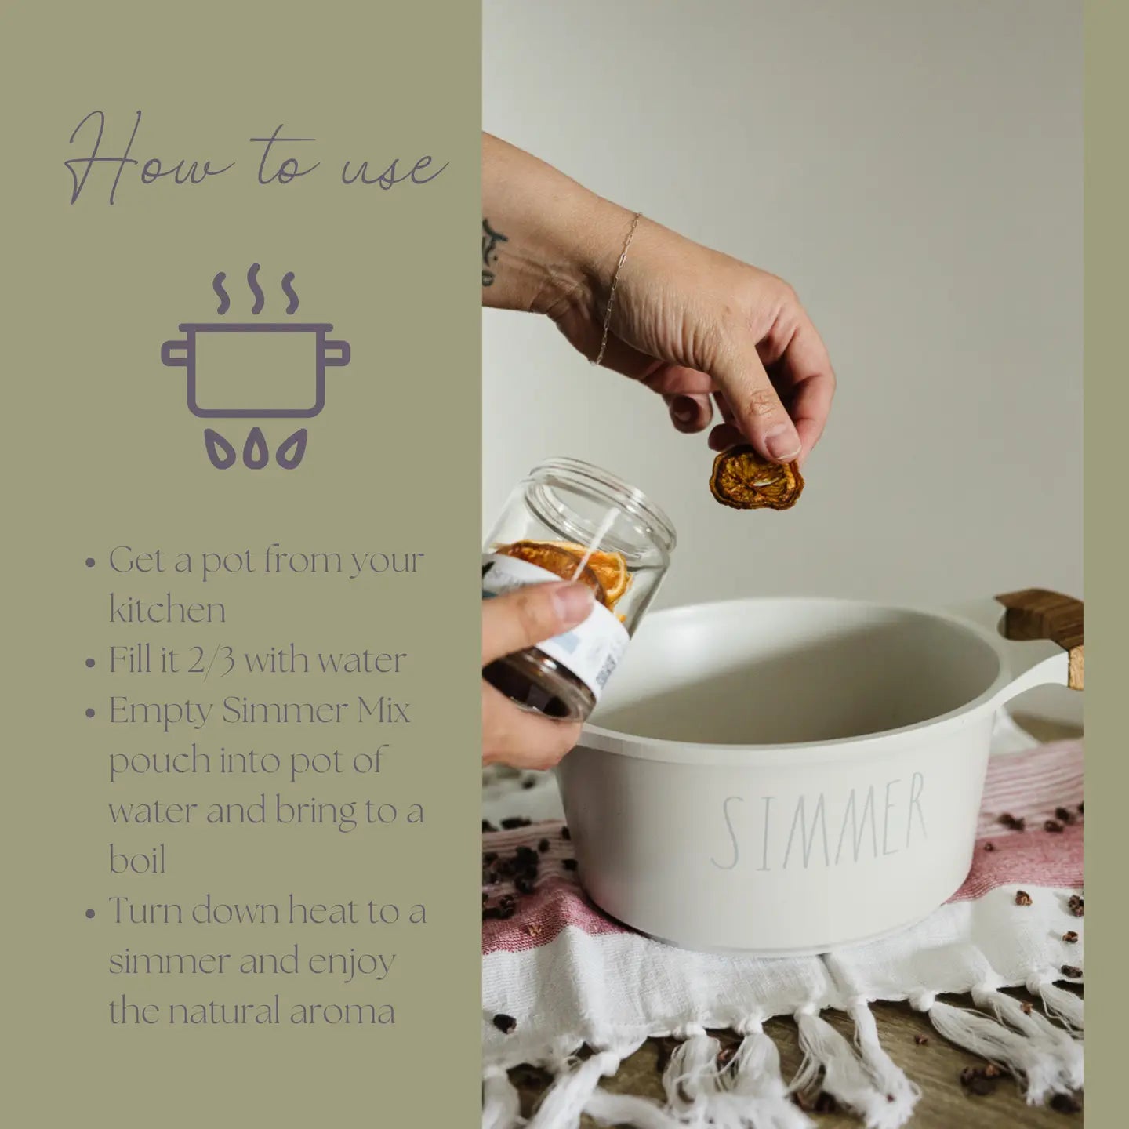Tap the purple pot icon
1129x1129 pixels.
coord(255,369)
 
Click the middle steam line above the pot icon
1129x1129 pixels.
coord(255,289)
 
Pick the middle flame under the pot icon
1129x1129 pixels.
coord(255,451)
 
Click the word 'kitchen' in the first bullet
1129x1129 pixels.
coord(167,610)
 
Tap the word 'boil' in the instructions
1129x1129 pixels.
coord(137,860)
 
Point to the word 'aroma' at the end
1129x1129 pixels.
coord(342,1011)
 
